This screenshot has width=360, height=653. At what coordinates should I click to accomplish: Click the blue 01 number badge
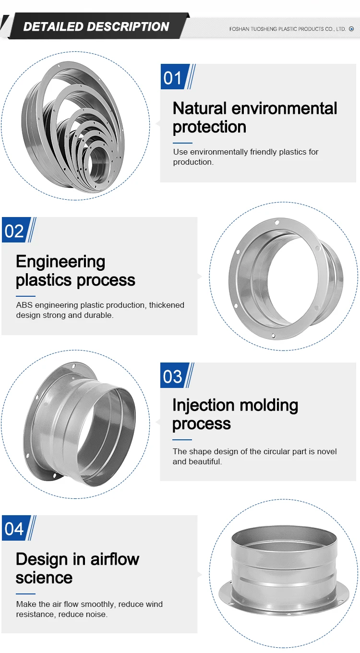coord(173,77)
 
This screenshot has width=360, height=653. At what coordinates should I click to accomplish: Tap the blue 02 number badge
coord(14,231)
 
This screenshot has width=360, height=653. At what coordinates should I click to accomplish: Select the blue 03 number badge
coord(173,376)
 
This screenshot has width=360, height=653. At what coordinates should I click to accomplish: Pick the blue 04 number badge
coord(14,529)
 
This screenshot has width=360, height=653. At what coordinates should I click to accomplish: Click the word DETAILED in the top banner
coord(52,27)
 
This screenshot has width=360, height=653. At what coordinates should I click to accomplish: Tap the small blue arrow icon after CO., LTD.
coord(351,29)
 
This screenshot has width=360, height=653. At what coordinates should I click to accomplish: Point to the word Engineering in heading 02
coord(60,262)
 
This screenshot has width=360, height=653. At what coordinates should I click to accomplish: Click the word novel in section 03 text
coord(326,451)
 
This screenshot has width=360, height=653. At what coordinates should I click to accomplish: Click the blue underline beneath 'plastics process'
coord(25,296)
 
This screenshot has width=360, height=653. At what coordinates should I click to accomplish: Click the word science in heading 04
coord(44,578)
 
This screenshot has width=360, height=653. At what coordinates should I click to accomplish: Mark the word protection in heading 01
coord(209,127)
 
